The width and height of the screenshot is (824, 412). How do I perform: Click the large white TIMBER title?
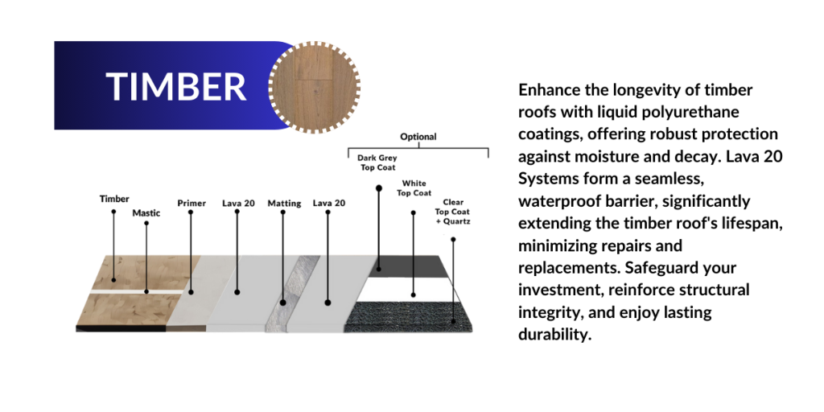[x=176, y=86]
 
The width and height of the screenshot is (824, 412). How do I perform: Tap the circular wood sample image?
[x=315, y=87]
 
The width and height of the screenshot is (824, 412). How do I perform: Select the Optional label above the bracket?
[x=418, y=137]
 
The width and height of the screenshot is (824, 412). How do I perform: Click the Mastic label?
[x=146, y=213]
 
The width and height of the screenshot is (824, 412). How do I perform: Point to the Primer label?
[x=192, y=204]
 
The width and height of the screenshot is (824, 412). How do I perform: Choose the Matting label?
[x=284, y=204]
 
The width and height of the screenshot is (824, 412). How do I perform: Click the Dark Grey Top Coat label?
[x=377, y=163]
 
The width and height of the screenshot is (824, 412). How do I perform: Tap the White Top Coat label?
[x=414, y=188]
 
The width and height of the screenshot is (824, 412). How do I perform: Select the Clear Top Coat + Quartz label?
[x=452, y=212]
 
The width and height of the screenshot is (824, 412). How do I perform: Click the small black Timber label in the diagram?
[x=114, y=200]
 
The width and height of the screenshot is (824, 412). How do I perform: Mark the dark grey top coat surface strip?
[x=408, y=266]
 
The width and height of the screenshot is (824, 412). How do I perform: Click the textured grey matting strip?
[x=292, y=293]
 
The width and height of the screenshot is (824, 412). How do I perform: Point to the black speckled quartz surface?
[x=408, y=317]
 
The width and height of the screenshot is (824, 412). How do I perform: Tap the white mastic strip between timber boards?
[x=138, y=291]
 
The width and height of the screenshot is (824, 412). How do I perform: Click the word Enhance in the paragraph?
[x=550, y=90]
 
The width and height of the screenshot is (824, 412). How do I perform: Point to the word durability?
[x=555, y=334]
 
